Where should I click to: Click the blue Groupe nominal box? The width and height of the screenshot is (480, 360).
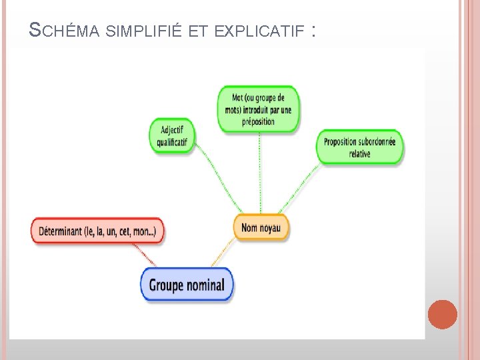187,285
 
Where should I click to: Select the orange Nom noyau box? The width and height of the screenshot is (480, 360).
261,227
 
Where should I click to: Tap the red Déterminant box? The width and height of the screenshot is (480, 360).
97,231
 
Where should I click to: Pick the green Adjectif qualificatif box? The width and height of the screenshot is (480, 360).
172,136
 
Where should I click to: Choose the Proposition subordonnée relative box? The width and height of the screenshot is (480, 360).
359,147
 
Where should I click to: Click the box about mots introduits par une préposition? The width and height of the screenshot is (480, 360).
259,109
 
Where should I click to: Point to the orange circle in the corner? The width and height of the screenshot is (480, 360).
442,314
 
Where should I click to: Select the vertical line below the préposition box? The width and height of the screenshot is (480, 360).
260,173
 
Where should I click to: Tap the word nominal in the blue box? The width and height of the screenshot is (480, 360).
205,285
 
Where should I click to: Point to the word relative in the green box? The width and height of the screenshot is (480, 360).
359,154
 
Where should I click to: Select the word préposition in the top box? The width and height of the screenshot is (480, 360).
259,121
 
